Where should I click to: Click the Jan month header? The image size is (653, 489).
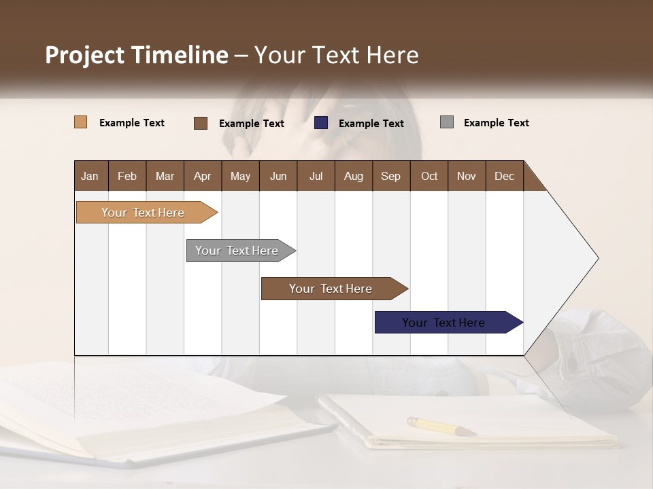[x=90, y=176]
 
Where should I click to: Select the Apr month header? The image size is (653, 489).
[x=203, y=176]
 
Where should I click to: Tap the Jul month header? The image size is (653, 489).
[x=316, y=176]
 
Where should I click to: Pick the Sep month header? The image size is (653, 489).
[x=391, y=176]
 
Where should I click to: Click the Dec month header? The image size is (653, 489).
[x=504, y=176]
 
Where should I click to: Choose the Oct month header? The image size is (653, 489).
[x=429, y=176]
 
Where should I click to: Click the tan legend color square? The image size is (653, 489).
[x=81, y=122]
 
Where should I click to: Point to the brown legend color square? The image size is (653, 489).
[x=201, y=123]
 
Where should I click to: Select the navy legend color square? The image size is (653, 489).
[x=321, y=123]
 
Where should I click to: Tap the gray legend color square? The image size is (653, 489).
[x=447, y=122]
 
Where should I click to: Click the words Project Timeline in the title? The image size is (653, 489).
[x=137, y=55]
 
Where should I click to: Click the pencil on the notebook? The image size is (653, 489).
[x=441, y=427]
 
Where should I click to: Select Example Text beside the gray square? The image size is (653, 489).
[x=496, y=123]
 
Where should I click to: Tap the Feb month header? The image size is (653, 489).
[x=127, y=176]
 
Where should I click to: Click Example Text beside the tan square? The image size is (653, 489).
[x=131, y=123]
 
